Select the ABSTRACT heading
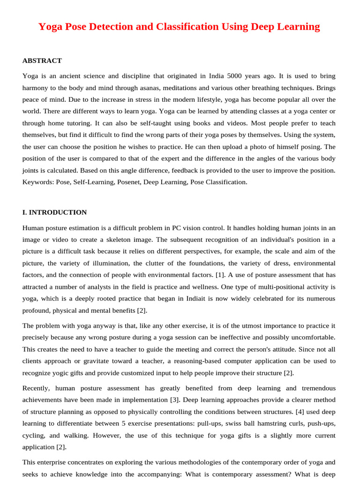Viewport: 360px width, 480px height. point(42,60)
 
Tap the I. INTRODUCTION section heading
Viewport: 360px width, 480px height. point(54,212)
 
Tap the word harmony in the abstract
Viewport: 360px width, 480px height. point(36,88)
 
